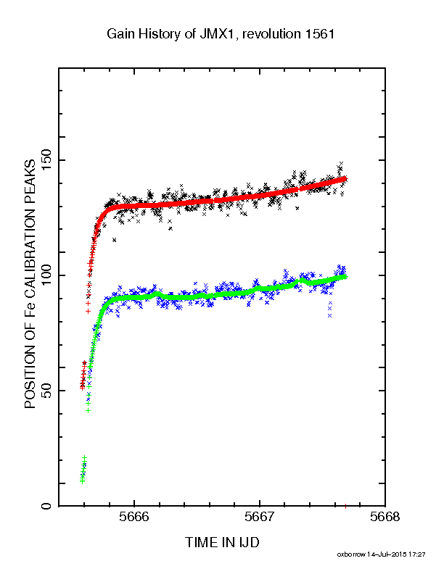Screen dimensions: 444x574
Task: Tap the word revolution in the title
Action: [x=271, y=34]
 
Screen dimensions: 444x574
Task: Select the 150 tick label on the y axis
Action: [x=47, y=160]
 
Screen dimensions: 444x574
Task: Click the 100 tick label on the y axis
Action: [x=47, y=275]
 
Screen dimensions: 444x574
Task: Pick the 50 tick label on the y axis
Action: [x=47, y=391]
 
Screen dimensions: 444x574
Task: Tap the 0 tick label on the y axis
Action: [x=47, y=506]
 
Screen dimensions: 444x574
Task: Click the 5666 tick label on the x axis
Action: [x=134, y=517]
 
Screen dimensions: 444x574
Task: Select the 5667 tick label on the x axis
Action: [x=260, y=517]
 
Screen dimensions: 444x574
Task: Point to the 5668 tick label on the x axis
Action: [x=385, y=517]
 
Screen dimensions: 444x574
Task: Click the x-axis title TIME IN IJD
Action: [x=222, y=542]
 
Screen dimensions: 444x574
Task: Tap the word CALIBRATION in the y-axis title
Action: [x=30, y=254]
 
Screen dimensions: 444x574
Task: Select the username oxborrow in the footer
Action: [x=350, y=554]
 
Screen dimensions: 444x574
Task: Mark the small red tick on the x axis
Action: [x=345, y=506]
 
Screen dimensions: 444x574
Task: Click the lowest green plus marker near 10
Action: [x=82, y=481]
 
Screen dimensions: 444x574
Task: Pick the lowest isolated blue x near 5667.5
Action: [x=329, y=315]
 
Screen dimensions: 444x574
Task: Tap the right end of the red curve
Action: [x=346, y=178]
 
